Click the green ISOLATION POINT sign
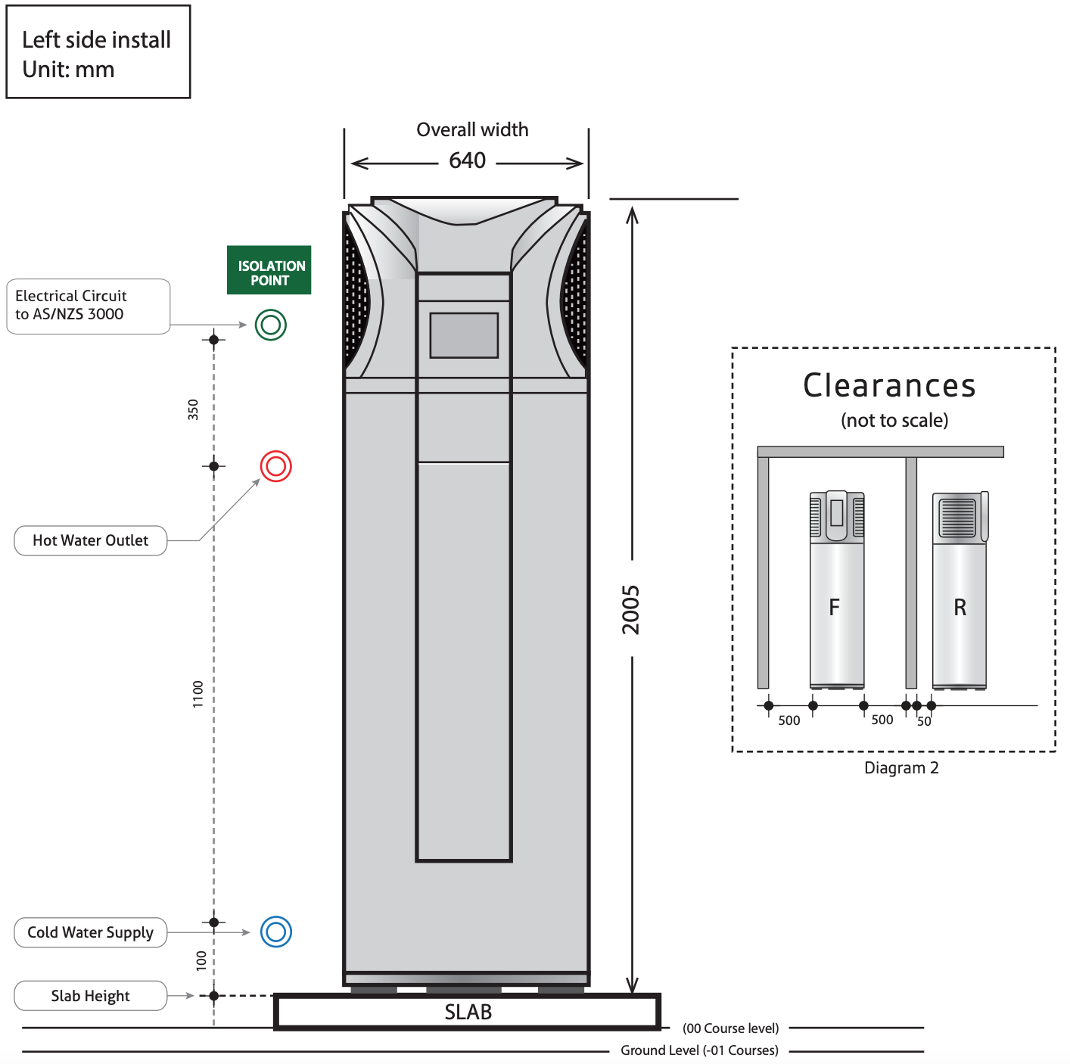click(x=269, y=270)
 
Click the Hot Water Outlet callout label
click(x=91, y=540)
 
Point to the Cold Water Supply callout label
click(x=91, y=932)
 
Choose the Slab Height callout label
click(x=91, y=996)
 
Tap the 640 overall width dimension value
click(x=467, y=160)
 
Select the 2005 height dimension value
click(x=631, y=610)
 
